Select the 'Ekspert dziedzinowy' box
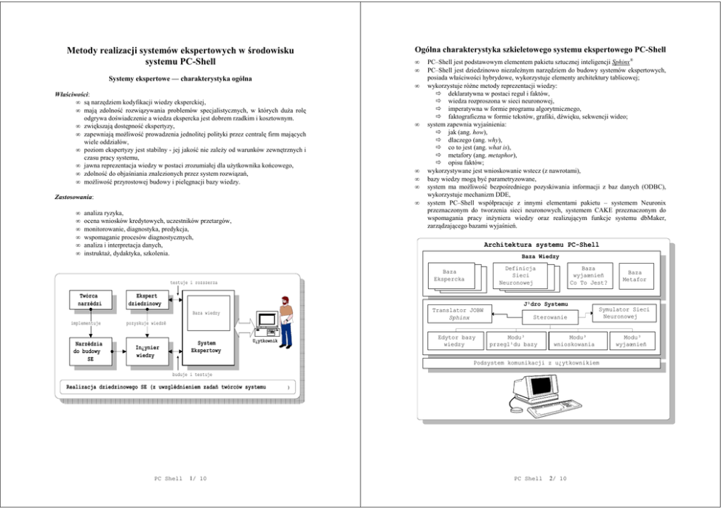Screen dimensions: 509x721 tap(144, 300)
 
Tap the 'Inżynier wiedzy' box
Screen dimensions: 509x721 tap(144, 351)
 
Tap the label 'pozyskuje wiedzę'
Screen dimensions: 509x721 tap(145, 322)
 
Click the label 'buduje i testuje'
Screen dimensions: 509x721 tap(192, 374)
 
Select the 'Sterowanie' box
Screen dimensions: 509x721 tap(550, 317)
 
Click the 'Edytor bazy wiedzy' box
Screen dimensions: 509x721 tap(455, 341)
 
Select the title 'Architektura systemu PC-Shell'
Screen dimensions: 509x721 tap(541, 245)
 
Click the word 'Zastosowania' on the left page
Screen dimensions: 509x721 tap(74, 197)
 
